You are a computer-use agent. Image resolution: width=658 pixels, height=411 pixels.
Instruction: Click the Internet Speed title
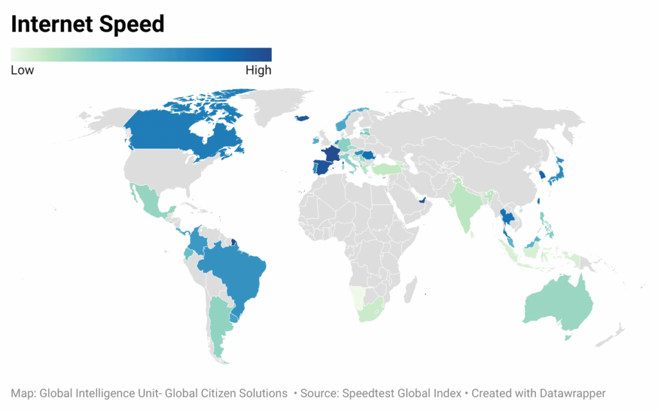(x=88, y=24)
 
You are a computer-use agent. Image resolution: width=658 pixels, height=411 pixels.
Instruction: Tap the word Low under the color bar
(x=22, y=71)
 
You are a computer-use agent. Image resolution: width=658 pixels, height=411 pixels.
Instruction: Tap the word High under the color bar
(x=258, y=71)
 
